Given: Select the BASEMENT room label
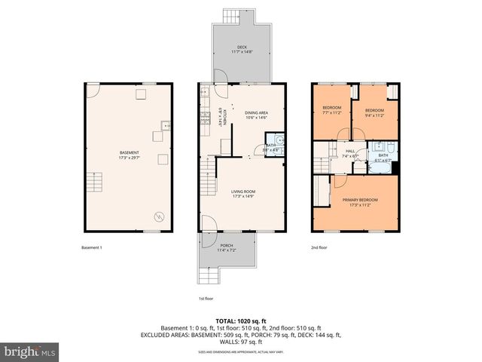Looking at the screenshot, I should click(x=129, y=152).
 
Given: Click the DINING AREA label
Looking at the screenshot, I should click(x=257, y=113).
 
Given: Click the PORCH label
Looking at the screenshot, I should click(x=226, y=245).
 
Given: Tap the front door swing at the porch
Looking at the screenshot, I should click(x=209, y=223).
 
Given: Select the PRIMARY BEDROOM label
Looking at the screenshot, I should click(x=360, y=200).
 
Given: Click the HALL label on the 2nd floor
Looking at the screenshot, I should click(x=350, y=151).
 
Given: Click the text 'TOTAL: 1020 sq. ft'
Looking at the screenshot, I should click(x=241, y=320).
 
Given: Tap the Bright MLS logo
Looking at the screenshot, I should click(x=30, y=351).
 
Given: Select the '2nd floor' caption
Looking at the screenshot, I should click(x=319, y=247).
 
